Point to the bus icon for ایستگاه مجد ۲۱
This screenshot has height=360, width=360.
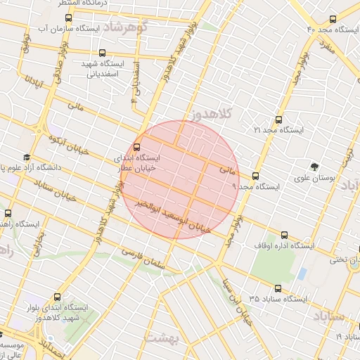279,119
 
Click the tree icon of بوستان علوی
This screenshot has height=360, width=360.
314,167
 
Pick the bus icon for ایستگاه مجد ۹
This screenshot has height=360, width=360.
255,176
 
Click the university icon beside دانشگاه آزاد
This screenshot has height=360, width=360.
27,157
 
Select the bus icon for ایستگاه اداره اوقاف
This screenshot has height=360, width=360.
283,236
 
